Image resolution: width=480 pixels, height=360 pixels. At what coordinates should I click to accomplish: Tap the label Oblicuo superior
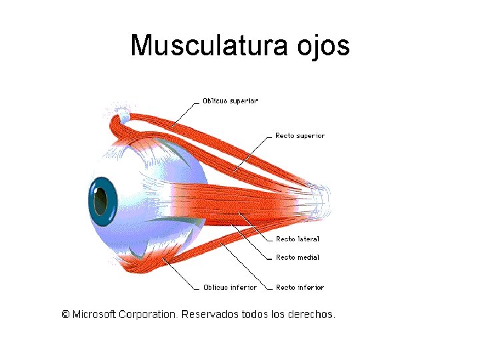pos(230,101)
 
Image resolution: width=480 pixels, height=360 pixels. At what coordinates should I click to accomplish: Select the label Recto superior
pos(300,136)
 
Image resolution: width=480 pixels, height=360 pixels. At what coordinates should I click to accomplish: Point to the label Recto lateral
pos(297,239)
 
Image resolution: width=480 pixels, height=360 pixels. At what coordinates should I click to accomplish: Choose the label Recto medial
pos(297,257)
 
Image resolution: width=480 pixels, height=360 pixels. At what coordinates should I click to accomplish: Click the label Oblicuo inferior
pos(230,287)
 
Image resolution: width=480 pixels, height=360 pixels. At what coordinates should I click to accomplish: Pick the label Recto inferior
pos(300,287)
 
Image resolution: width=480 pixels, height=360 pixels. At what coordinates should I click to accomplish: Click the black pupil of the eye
pos(99,198)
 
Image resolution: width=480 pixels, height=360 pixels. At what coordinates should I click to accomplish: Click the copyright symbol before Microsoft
pos(65,313)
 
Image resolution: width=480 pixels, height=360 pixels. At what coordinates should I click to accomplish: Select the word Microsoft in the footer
pos(94,313)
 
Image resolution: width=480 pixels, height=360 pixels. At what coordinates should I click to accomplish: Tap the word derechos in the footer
pos(311,313)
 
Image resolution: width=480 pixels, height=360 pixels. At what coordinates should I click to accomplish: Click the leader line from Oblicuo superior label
pos(187,113)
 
